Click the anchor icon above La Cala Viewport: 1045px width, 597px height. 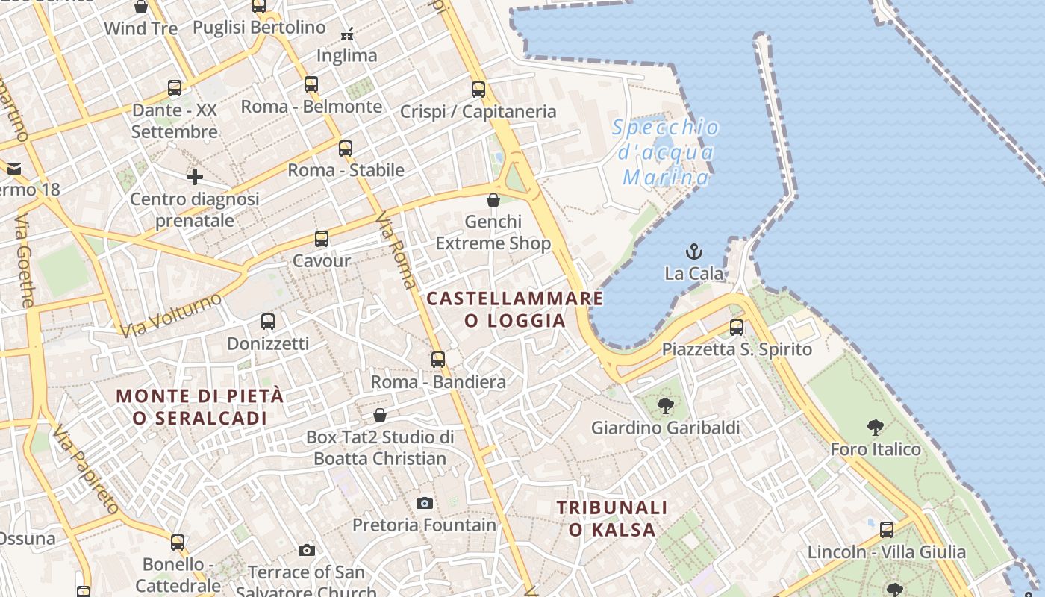click(x=694, y=251)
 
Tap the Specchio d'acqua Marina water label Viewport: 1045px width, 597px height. click(x=666, y=152)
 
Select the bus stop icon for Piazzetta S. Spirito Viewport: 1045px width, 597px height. click(x=737, y=327)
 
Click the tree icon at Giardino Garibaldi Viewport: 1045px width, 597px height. click(x=665, y=406)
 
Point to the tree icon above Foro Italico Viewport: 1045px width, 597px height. click(x=876, y=428)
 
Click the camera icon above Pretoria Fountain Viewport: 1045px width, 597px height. click(x=425, y=503)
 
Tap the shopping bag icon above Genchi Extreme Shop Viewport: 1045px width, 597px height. click(x=493, y=200)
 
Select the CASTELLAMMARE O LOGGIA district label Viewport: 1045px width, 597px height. click(x=514, y=310)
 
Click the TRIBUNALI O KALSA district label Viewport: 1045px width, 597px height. click(x=612, y=519)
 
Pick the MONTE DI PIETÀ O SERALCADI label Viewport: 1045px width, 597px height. click(x=200, y=407)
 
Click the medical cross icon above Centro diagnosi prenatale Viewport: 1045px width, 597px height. click(x=195, y=177)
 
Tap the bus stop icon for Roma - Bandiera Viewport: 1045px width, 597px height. click(x=438, y=360)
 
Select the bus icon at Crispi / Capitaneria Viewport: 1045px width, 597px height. click(x=478, y=90)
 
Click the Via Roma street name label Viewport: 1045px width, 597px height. click(x=396, y=251)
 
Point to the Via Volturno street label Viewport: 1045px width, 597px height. click(x=171, y=315)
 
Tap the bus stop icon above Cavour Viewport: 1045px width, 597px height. click(x=322, y=239)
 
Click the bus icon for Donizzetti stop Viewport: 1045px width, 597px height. click(x=268, y=322)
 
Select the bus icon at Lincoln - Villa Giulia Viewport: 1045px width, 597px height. click(x=887, y=530)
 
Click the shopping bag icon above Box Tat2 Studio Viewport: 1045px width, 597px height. click(x=380, y=415)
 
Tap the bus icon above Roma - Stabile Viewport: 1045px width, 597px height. click(x=346, y=148)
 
